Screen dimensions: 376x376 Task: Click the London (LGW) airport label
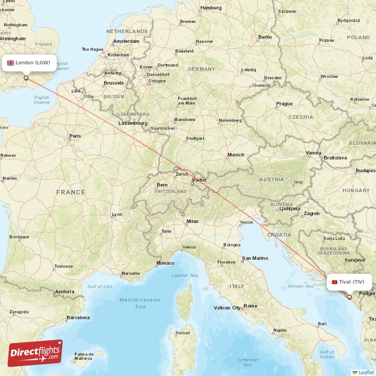(x=29, y=63)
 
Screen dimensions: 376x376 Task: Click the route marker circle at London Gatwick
(x=26, y=78)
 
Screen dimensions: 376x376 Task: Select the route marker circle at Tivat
(x=349, y=297)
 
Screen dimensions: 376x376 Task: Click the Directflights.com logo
(x=35, y=353)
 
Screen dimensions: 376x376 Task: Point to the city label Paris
(x=75, y=136)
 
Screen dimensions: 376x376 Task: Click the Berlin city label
(x=265, y=37)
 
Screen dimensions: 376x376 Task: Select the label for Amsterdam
(x=126, y=41)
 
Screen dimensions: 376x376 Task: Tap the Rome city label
(x=250, y=306)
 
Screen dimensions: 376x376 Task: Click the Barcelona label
(x=78, y=318)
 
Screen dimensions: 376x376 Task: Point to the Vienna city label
(x=313, y=153)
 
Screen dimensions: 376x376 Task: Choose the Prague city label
(x=284, y=103)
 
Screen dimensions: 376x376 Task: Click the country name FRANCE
(x=70, y=192)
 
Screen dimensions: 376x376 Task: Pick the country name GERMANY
(x=201, y=69)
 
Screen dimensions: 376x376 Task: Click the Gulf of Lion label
(x=100, y=286)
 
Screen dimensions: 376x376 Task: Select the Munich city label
(x=235, y=155)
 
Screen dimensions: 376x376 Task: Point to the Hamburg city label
(x=211, y=8)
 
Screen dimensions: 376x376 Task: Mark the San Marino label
(x=255, y=258)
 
